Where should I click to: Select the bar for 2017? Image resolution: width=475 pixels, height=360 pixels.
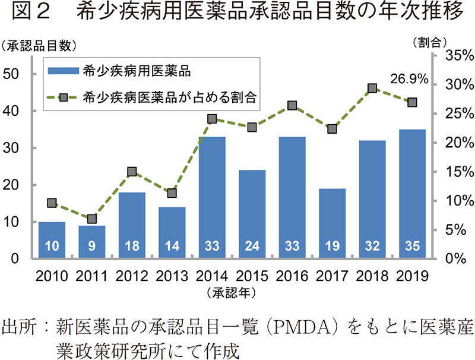pos(332,223)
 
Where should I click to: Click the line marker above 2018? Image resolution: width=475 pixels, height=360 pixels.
pos(372,89)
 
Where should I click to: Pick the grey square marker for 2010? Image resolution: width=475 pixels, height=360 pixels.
pos(52,203)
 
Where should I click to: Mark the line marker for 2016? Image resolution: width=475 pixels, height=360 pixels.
pos(292,106)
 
